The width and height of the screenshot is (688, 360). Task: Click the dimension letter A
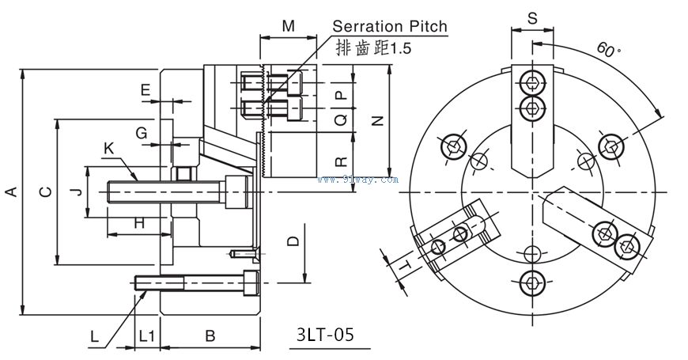(10, 192)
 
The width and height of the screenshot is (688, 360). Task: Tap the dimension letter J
(73, 191)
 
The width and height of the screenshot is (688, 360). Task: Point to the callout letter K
(108, 148)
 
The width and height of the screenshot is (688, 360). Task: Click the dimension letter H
(138, 223)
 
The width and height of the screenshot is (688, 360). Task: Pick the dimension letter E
(145, 89)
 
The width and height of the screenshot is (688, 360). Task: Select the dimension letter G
(141, 132)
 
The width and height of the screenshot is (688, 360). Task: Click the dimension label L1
(146, 335)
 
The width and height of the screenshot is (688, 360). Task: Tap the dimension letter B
(210, 335)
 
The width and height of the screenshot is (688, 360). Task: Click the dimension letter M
(289, 26)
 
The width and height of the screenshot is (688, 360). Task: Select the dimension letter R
(340, 161)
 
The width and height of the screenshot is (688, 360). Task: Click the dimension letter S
(531, 17)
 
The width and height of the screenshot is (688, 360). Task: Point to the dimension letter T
(403, 268)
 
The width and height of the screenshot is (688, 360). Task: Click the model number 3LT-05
(324, 334)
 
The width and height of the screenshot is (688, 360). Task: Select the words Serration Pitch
(389, 26)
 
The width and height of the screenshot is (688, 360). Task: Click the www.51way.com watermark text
(357, 180)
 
